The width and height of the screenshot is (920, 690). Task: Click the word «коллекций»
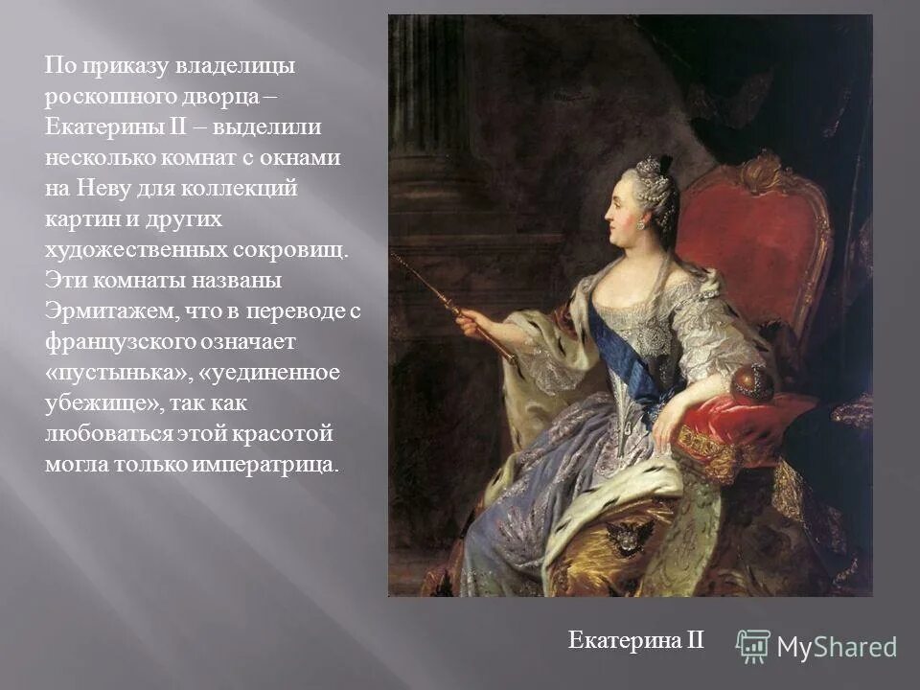pyautogui.click(x=250, y=189)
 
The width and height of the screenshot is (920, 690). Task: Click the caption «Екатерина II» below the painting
pyautogui.click(x=635, y=640)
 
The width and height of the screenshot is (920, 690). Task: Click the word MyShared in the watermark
pyautogui.click(x=837, y=647)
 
